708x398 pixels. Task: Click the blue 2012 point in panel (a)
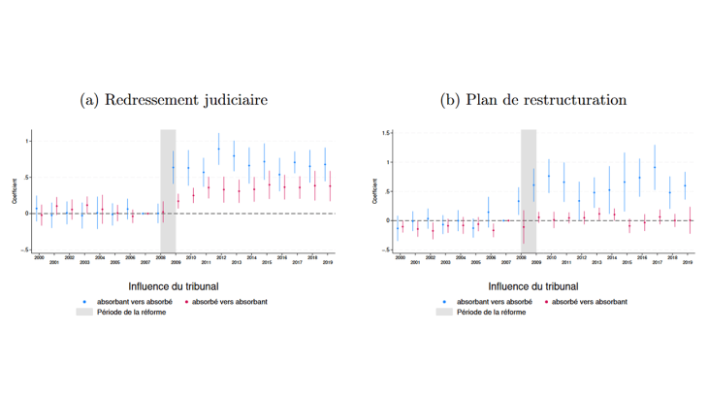click(219, 149)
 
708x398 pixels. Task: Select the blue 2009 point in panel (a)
click(174, 167)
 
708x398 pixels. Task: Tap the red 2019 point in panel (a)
click(330, 185)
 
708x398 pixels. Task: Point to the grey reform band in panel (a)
click(168, 189)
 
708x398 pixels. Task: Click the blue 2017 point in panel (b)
click(655, 167)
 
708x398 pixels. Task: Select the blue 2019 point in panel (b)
click(685, 185)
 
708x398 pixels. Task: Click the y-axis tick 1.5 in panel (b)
click(385, 132)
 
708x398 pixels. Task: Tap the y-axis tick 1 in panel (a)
click(26, 142)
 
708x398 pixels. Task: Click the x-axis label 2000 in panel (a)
click(38, 257)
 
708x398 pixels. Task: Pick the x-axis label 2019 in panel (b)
click(688, 261)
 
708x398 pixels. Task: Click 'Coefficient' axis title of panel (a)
click(15, 189)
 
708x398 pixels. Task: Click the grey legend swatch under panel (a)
click(83, 313)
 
